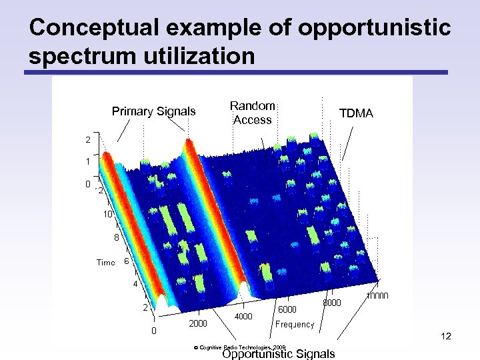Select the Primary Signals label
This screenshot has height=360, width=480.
pyautogui.click(x=153, y=111)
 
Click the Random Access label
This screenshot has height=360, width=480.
pyautogui.click(x=253, y=113)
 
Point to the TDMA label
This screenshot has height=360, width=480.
pyautogui.click(x=356, y=114)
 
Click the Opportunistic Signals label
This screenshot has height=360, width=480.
pyautogui.click(x=279, y=354)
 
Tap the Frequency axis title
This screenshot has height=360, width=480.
pyautogui.click(x=294, y=325)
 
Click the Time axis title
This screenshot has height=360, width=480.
pyautogui.click(x=105, y=263)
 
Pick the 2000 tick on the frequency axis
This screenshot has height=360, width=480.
pyautogui.click(x=198, y=323)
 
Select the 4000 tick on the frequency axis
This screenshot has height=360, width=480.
pyautogui.click(x=243, y=316)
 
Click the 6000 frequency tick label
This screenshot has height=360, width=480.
pyautogui.click(x=287, y=309)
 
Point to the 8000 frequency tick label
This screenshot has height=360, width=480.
pyautogui.click(x=332, y=303)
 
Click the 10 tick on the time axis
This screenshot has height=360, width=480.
pyautogui.click(x=108, y=214)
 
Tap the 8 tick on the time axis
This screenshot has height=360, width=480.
pyautogui.click(x=116, y=237)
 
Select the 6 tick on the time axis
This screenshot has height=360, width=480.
pyautogui.click(x=127, y=261)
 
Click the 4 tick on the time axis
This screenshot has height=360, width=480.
pyautogui.click(x=135, y=285)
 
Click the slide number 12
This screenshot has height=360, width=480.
pyautogui.click(x=446, y=337)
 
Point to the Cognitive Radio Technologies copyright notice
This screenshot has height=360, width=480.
pyautogui.click(x=239, y=347)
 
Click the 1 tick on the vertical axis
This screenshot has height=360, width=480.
pyautogui.click(x=87, y=161)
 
